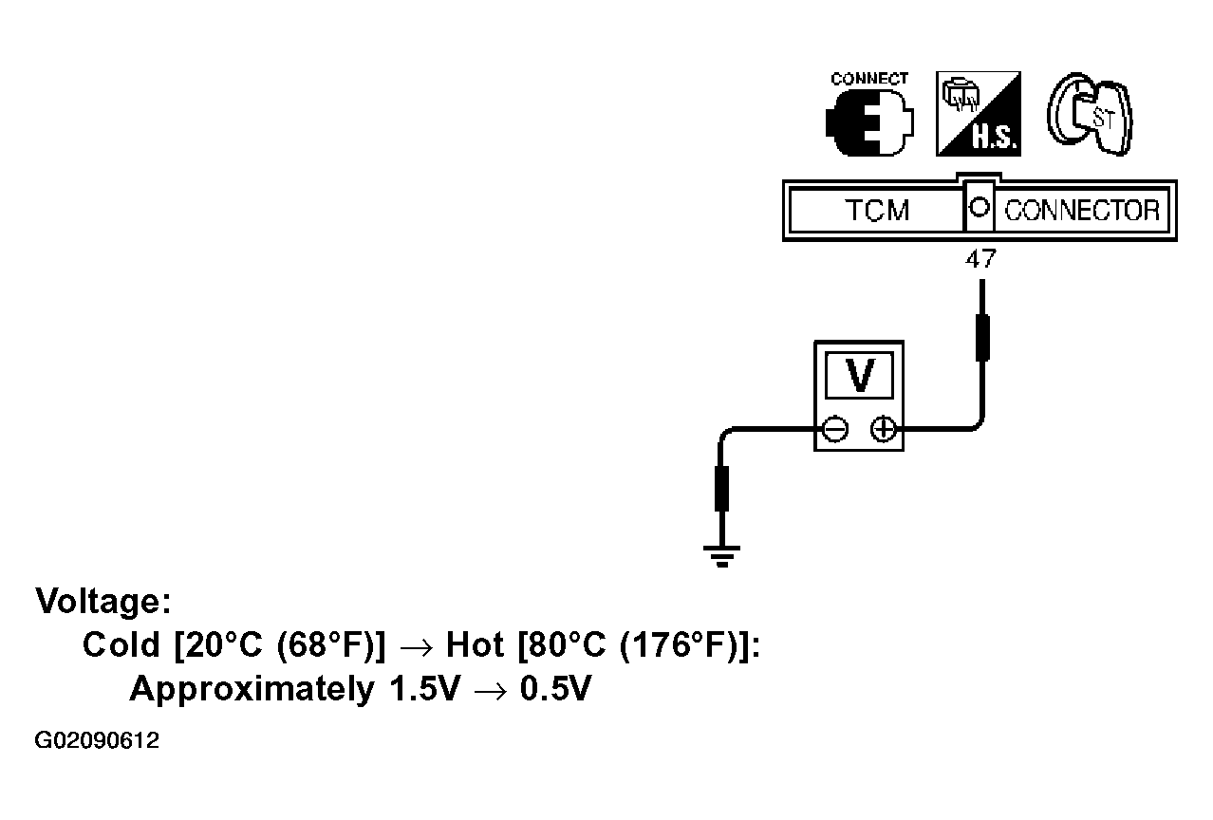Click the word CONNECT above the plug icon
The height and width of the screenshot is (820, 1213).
tap(869, 79)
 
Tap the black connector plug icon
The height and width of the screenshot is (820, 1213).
tap(869, 123)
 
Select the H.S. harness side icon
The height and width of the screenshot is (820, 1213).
tap(979, 114)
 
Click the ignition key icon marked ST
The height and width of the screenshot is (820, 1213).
tap(1090, 114)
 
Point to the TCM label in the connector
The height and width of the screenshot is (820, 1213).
tap(877, 211)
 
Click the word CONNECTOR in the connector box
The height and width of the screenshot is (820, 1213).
tap(1082, 211)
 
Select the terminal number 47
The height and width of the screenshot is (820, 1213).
tap(980, 259)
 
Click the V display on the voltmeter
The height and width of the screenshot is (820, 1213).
tap(859, 375)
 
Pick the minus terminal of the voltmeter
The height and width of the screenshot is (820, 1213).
tap(835, 430)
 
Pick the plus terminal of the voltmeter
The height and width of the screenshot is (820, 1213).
tap(884, 430)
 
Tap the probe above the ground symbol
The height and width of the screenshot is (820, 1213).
tap(721, 489)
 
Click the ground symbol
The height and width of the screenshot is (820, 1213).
tap(721, 556)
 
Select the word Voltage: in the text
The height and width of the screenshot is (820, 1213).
tap(103, 601)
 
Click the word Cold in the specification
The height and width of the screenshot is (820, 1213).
tap(121, 644)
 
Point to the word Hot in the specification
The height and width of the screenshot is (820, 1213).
tap(475, 644)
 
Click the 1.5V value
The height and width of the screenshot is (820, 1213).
tap(424, 688)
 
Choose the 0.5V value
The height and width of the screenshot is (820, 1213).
tap(555, 688)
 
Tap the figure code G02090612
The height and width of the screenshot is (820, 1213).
tap(97, 740)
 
